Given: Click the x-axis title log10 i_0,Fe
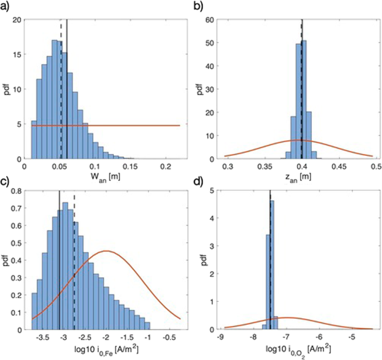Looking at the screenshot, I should (106, 351).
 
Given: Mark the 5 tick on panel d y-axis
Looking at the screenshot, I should (212, 191).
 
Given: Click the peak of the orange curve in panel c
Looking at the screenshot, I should (107, 251).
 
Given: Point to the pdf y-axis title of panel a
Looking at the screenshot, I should (7, 89).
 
